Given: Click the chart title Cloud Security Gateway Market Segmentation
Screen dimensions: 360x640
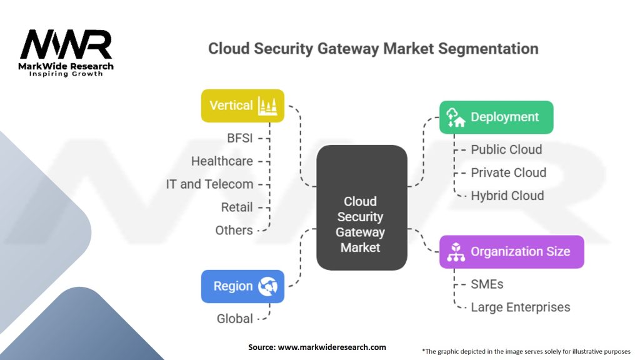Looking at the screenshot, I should (x=373, y=49).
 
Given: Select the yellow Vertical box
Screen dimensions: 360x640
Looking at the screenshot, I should (x=242, y=106).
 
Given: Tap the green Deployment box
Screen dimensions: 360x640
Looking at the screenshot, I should (x=496, y=117).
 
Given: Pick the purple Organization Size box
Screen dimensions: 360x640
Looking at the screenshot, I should (x=511, y=252).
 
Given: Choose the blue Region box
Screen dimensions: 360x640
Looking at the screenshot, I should (x=242, y=286).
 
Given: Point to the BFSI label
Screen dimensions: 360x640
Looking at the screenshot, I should (x=239, y=138).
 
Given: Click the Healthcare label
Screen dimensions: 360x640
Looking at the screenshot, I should (x=222, y=161).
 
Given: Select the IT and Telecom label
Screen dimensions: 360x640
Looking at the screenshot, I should (x=209, y=184).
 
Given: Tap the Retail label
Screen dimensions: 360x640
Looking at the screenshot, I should (x=237, y=207).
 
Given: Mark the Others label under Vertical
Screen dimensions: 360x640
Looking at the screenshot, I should (x=234, y=230).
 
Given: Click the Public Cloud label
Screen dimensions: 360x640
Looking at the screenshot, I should (x=506, y=149).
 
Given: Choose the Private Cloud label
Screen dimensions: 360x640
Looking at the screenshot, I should (x=508, y=172).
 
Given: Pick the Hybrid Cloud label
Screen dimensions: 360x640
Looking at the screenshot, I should (x=507, y=196).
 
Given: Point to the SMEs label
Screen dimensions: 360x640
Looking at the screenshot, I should (x=487, y=284).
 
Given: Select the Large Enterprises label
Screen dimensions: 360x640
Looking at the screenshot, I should (x=520, y=307).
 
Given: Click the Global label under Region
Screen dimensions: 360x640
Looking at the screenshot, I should (x=235, y=319).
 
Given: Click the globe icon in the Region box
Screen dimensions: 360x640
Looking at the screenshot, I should (x=267, y=286).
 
